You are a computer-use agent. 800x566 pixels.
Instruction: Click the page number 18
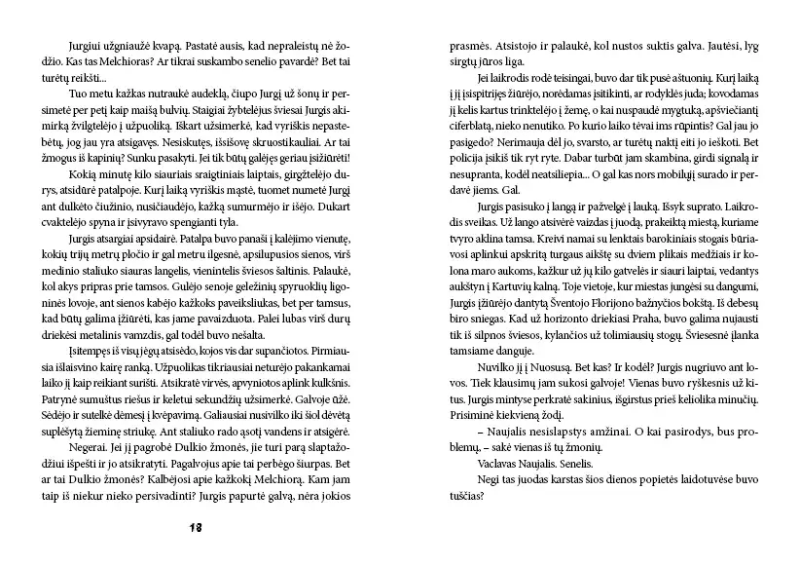coord(196,527)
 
